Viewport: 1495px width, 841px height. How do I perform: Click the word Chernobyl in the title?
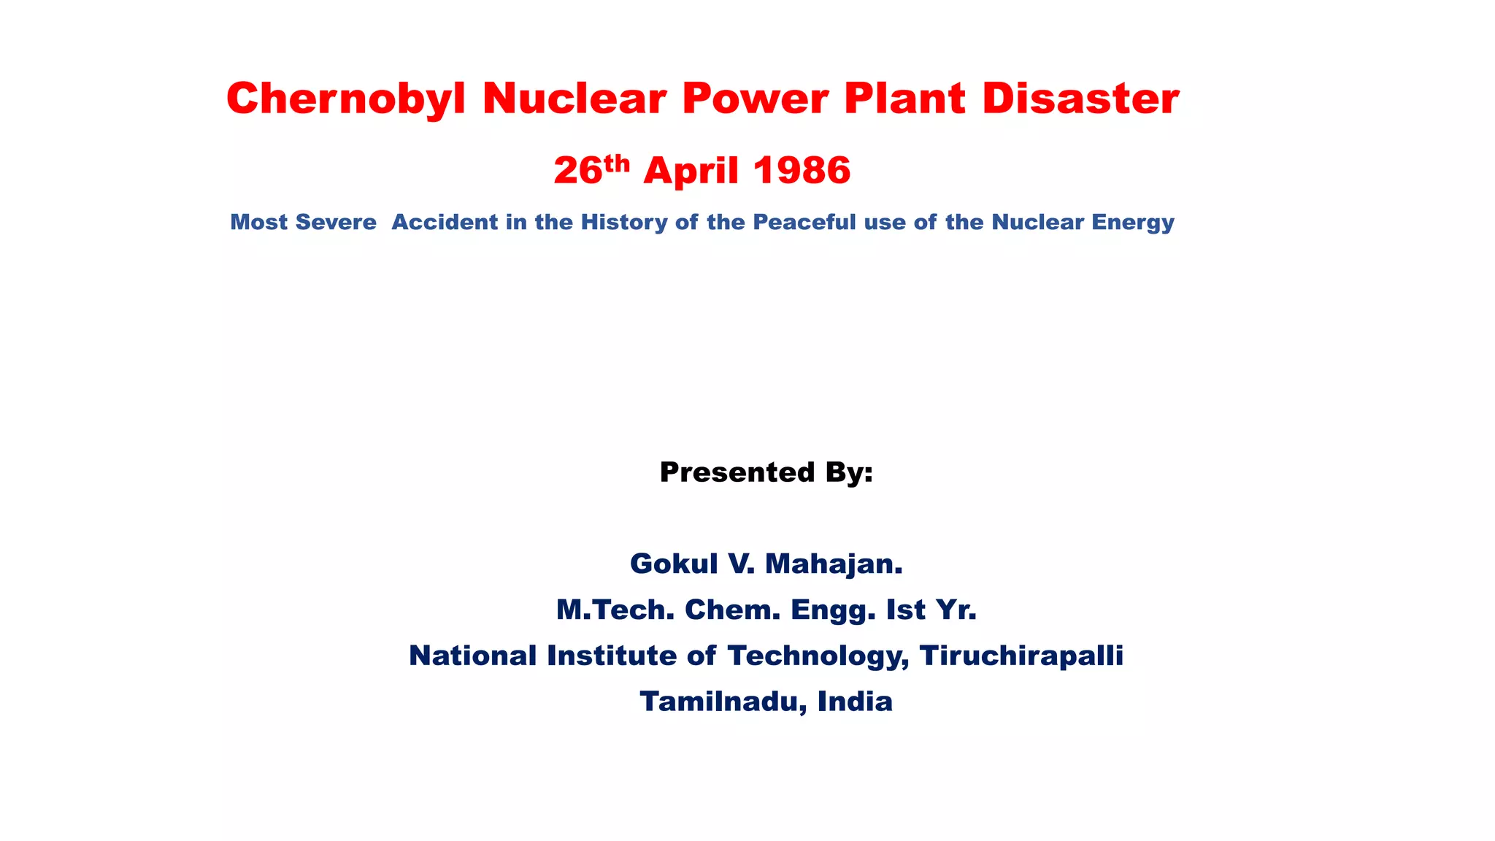(x=345, y=98)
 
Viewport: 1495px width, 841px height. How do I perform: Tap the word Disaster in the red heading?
(x=1080, y=98)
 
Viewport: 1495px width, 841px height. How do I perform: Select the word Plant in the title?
(x=905, y=98)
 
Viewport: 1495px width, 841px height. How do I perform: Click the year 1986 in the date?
(x=802, y=171)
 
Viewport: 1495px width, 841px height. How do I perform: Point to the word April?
(x=691, y=171)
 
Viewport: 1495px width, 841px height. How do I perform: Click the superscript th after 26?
(x=617, y=163)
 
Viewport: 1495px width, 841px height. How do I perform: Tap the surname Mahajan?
(x=834, y=564)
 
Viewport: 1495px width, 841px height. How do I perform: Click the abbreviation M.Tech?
(x=615, y=610)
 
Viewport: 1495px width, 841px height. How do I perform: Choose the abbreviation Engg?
(x=833, y=610)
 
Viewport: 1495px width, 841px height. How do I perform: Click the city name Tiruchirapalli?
(x=1021, y=656)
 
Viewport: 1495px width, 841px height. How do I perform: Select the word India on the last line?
(x=855, y=702)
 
